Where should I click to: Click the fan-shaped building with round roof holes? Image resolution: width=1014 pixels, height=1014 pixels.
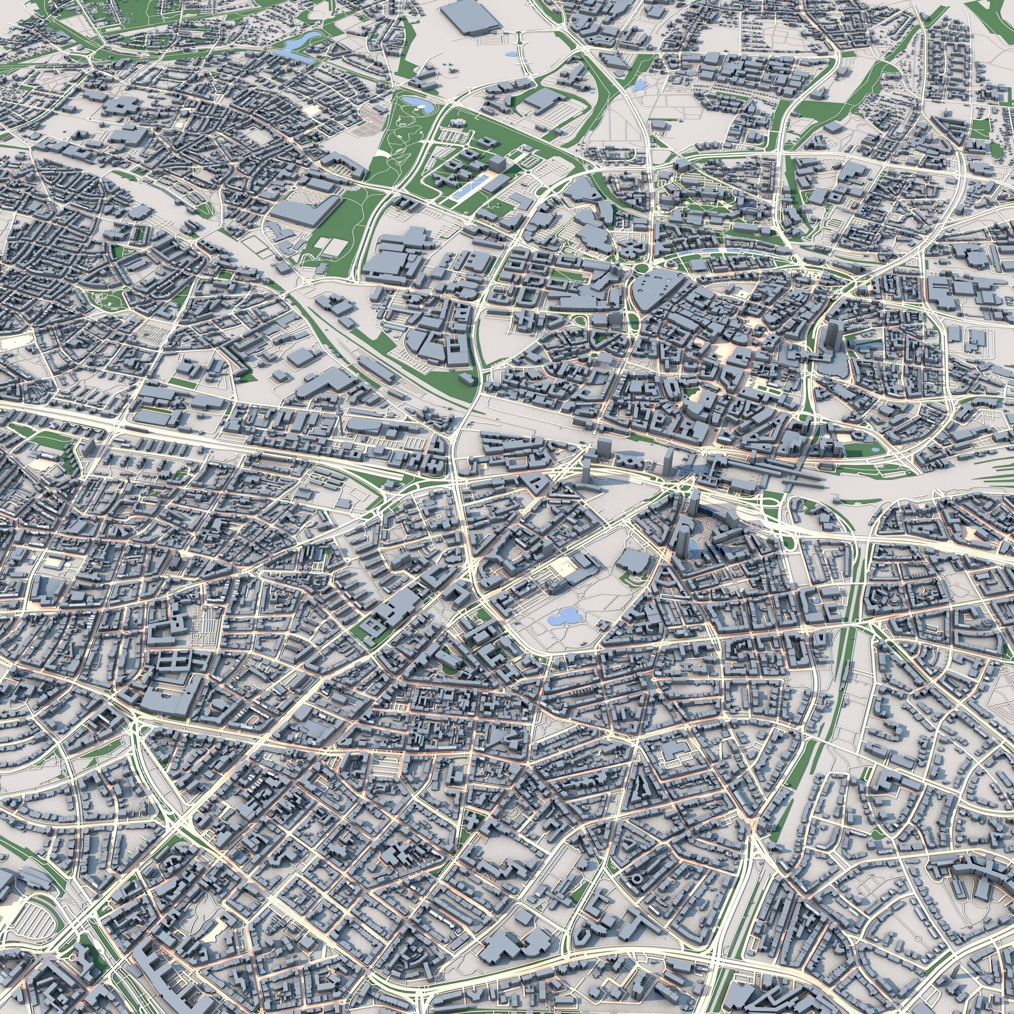654,290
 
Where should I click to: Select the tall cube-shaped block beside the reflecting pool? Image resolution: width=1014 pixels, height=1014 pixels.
496,164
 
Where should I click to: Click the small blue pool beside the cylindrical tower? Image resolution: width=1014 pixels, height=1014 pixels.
694,549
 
